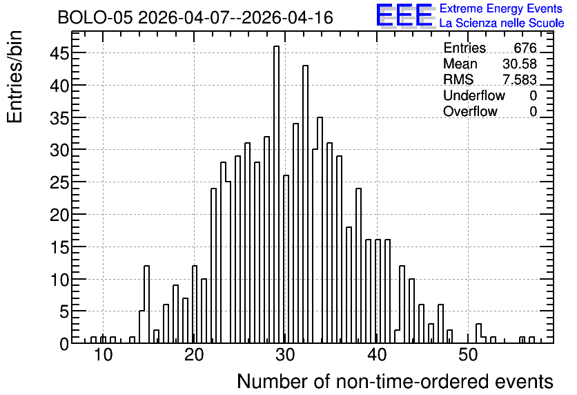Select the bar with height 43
click(x=306, y=204)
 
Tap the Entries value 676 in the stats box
click(x=525, y=48)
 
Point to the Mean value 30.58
click(x=520, y=64)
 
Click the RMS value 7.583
click(x=520, y=79)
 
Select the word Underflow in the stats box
click(x=474, y=95)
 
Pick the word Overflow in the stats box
click(x=470, y=111)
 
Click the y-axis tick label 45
click(x=59, y=54)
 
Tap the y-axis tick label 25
click(x=59, y=182)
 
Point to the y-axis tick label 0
click(x=64, y=344)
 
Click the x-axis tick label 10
click(x=103, y=355)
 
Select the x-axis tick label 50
click(x=468, y=355)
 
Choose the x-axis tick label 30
click(x=286, y=355)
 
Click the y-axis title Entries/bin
click(x=15, y=77)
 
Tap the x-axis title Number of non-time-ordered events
click(x=395, y=381)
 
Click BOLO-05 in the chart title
click(x=95, y=17)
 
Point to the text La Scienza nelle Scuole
click(x=502, y=23)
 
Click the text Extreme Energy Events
click(x=501, y=8)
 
